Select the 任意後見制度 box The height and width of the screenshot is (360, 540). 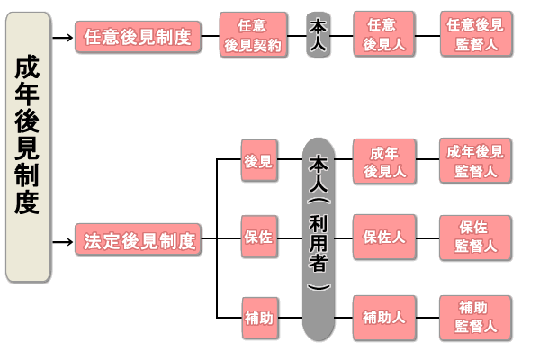pos(138,37)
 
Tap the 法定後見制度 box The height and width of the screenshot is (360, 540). pos(138,242)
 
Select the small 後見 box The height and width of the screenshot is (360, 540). pos(258,162)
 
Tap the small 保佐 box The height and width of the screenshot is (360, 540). pos(258,238)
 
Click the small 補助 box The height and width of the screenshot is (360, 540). pos(258,318)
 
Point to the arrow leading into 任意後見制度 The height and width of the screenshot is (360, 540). pos(62,38)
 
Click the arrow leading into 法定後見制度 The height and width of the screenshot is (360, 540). pos(62,242)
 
